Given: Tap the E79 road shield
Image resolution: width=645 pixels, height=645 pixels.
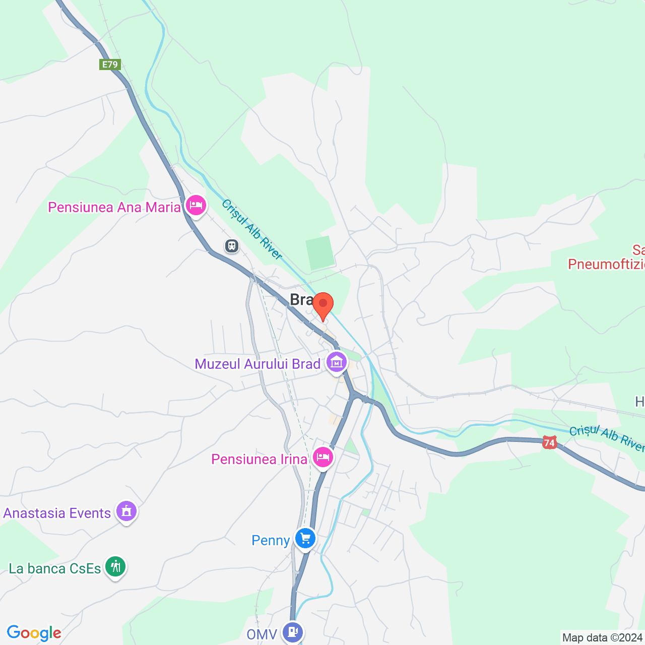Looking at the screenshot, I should pos(110,64).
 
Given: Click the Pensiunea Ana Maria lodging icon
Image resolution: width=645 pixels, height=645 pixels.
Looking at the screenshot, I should pos(196,206).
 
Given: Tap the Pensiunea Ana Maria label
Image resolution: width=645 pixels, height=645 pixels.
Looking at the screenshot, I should pos(114,207).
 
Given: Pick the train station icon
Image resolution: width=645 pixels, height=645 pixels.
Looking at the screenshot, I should pos(232,246).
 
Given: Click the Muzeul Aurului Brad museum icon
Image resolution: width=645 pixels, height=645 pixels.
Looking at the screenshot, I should pos(337,362).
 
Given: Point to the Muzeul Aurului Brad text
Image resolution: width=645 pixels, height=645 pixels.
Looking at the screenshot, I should pos(257,364).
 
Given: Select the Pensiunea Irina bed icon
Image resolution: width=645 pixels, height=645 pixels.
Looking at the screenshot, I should pos(322,457).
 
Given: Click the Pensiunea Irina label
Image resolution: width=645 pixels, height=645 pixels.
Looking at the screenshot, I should pos(259,459).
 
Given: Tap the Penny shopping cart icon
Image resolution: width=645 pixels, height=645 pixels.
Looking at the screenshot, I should pos(305,538).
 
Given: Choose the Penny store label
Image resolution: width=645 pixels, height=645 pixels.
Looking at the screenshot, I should pos(271,540).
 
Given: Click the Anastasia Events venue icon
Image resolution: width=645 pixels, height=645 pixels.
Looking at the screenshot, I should pos(126,511).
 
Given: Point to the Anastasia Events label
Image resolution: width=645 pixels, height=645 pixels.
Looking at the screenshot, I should pos(57,513).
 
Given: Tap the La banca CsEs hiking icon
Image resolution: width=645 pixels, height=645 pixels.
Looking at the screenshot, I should pos(115,566).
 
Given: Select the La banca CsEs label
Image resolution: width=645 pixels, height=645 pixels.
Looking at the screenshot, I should pos(55,568).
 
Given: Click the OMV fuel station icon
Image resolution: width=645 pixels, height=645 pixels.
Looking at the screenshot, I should pos(292,631).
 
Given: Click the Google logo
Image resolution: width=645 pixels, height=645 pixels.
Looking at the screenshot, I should pos(34,633).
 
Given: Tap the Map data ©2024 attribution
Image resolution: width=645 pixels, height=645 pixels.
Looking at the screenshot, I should pos(602,637).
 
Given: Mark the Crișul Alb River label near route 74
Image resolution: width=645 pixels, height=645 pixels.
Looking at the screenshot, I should pos(606,437).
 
